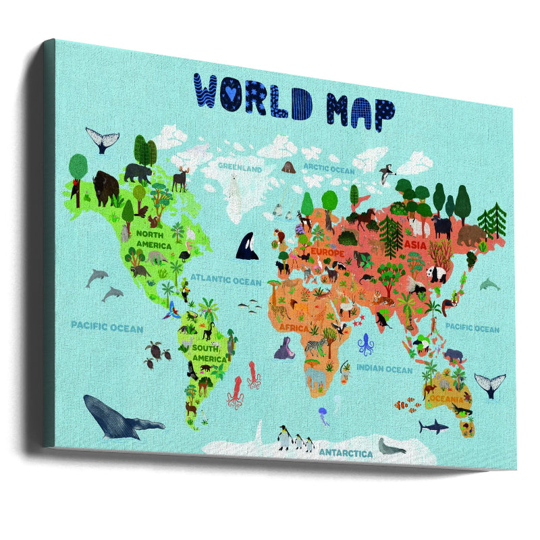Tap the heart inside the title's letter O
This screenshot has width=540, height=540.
[231, 90]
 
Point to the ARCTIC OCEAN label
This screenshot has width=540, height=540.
[328, 169]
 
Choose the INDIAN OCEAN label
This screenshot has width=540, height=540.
[383, 369]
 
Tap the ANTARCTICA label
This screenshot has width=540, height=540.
[345, 453]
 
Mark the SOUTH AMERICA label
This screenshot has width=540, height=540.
[209, 354]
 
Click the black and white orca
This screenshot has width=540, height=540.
[246, 246]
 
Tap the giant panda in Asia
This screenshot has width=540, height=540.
[437, 273]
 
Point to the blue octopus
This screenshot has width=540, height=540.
[366, 344]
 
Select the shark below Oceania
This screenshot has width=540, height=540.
[433, 426]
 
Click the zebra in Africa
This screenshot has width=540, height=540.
[316, 347]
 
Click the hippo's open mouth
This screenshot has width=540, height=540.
[284, 350]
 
